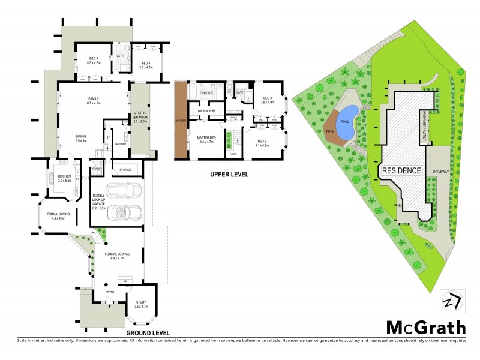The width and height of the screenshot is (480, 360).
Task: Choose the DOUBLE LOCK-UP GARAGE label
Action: point(99,199)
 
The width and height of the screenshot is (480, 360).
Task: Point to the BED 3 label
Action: point(268,100)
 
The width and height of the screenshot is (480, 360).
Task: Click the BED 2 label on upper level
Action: point(263,142)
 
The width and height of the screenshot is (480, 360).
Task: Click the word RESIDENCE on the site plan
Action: point(401,170)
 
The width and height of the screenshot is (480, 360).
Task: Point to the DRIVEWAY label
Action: point(440,170)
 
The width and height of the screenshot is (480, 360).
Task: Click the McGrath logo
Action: point(425,327)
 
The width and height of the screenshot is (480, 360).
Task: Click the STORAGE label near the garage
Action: point(125,170)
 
